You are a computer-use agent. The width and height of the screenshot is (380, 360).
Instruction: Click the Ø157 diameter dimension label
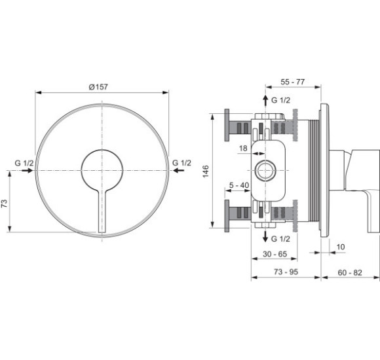(98, 86)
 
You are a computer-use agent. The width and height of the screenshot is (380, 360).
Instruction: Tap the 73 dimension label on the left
(5, 204)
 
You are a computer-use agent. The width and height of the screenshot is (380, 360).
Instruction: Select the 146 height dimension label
(206, 171)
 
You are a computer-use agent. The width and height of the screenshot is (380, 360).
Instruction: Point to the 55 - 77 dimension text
(292, 82)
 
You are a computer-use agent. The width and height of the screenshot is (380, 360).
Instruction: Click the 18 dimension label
(243, 148)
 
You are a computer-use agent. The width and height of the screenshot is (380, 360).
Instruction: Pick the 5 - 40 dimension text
(239, 185)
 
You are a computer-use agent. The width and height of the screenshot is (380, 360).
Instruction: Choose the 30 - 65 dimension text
(275, 254)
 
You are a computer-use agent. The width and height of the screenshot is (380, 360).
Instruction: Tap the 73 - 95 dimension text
(286, 272)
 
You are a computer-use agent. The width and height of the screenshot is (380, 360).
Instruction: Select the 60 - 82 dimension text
(350, 272)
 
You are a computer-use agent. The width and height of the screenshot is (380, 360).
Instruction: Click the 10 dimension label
(341, 247)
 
